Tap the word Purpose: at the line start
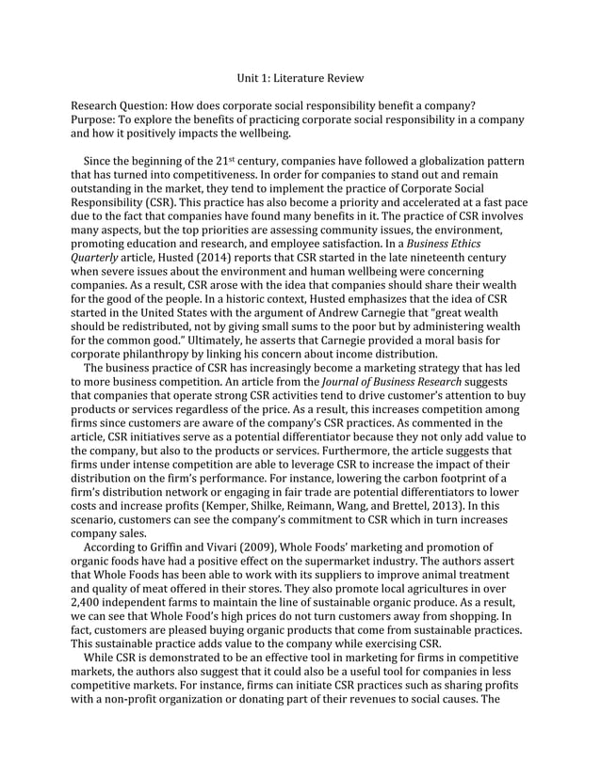[96, 119]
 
